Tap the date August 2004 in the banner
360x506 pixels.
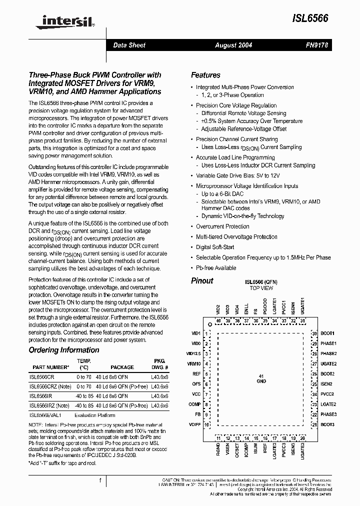pos(233,45)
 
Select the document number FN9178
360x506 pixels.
pos(316,45)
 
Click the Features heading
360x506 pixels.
pos(205,75)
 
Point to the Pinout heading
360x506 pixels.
pos(202,280)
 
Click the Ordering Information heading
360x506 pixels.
pos(64,350)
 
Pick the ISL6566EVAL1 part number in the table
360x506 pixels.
pos(46,415)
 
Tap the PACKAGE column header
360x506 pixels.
pos(122,366)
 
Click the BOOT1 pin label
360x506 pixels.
pos(327,333)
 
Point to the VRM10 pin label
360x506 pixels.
pos(193,364)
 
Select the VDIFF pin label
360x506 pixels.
pos(194,424)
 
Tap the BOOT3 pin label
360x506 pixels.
pos(327,424)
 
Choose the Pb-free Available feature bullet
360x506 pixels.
pos(216,268)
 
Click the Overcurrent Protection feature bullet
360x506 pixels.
pos(222,226)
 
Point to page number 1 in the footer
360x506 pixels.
pos(100,480)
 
